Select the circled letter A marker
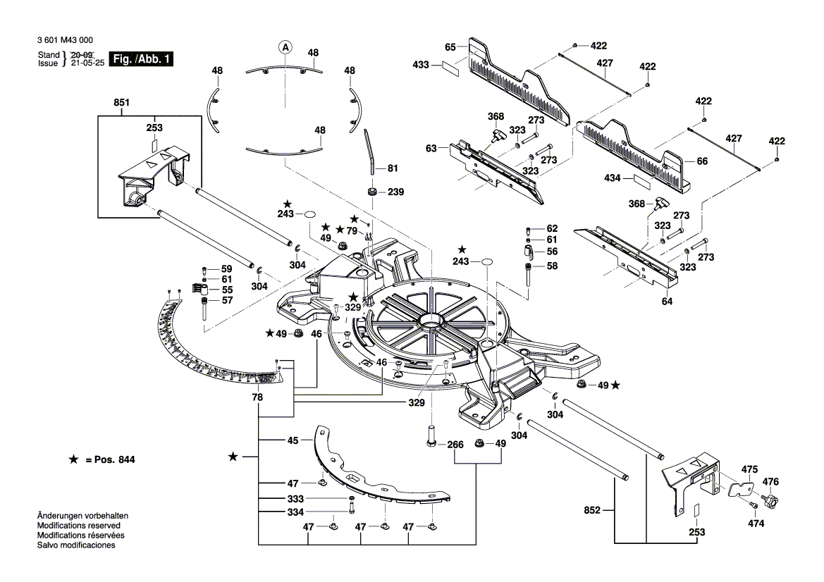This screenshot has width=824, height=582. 285,48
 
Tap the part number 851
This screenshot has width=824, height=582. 122,102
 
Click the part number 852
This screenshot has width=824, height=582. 592,510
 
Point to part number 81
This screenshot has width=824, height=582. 393,168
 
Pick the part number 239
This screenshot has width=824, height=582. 396,192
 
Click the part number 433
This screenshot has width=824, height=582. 421,65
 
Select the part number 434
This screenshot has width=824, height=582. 613,179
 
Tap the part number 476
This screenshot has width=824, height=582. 771,482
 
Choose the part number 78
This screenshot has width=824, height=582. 258,398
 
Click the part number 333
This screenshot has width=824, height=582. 293,498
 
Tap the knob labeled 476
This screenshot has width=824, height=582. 771,501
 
